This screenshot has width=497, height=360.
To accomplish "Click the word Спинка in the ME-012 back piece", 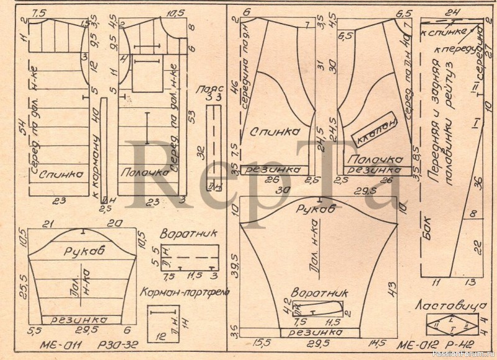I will tap(273, 132).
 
